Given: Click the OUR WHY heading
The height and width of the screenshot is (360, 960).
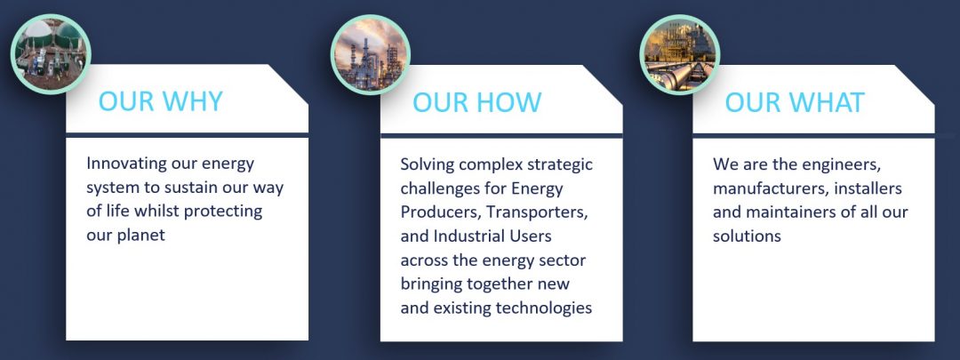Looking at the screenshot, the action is (160, 101).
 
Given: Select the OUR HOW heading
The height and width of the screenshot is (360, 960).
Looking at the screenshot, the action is (477, 102).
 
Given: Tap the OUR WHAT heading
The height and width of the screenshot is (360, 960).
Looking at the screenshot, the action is (795, 102).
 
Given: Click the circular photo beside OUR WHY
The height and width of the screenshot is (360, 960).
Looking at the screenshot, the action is (51, 54).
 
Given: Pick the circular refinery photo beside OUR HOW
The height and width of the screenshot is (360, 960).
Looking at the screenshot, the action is (370, 55).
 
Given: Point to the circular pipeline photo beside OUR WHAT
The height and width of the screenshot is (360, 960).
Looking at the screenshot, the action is (680, 54).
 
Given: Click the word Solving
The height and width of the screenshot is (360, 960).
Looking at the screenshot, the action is (428, 165).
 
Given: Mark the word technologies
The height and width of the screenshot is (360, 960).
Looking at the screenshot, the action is (544, 308).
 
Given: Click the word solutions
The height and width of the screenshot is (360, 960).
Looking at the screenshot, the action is (747, 236).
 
